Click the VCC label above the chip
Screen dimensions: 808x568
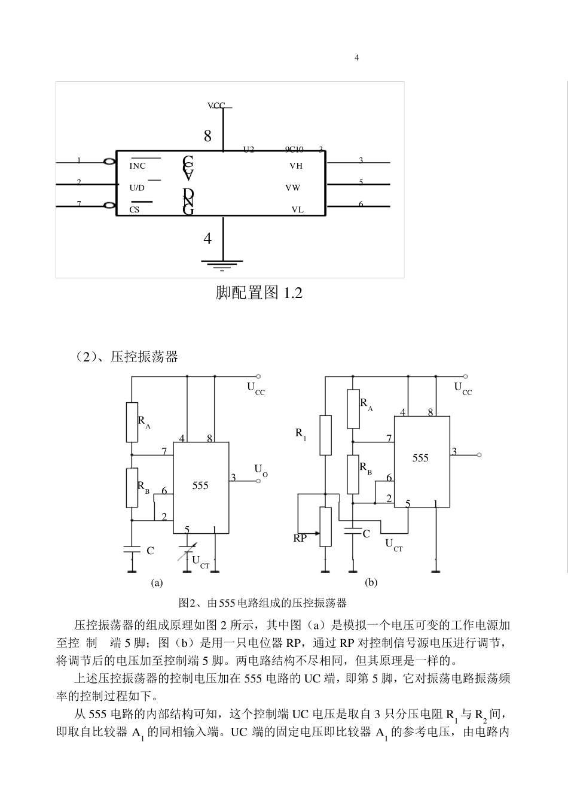click(216, 105)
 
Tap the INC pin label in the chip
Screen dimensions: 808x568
click(138, 166)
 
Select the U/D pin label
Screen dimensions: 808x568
click(137, 188)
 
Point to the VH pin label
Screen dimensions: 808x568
click(296, 166)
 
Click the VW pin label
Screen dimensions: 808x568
click(293, 188)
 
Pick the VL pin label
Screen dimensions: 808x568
click(297, 209)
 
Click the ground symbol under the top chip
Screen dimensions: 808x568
click(222, 263)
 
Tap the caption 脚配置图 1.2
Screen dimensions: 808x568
click(259, 293)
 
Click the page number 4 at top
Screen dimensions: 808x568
click(357, 57)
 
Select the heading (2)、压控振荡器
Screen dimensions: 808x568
click(127, 357)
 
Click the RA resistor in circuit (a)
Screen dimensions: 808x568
click(132, 422)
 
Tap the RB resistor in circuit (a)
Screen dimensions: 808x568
click(132, 488)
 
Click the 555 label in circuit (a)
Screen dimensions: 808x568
click(200, 485)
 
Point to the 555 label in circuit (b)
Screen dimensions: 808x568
click(420, 458)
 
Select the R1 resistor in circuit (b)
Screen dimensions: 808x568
click(325, 435)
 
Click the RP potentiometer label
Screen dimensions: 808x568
click(300, 538)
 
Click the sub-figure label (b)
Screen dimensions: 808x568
click(371, 582)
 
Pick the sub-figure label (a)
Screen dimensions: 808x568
click(157, 582)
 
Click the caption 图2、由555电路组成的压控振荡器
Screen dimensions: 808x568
click(263, 603)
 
